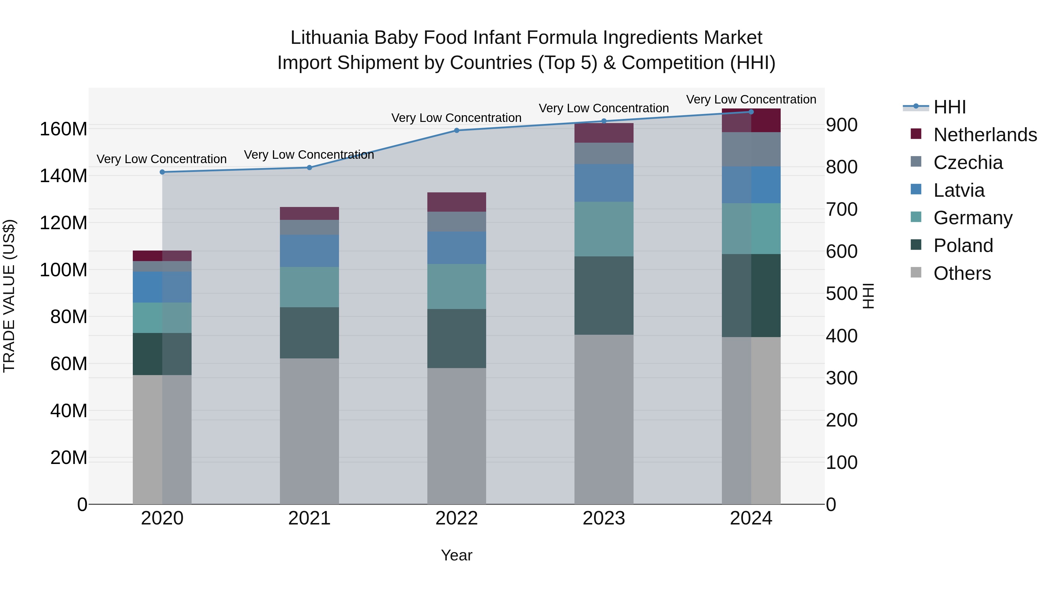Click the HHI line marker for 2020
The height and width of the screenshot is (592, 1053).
tap(162, 172)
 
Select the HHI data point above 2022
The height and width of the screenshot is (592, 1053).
tap(457, 130)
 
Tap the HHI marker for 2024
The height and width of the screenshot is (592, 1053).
tap(751, 112)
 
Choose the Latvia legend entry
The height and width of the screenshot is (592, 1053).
tap(959, 190)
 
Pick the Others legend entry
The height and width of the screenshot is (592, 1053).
tap(962, 273)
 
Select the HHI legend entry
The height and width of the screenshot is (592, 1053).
tap(949, 107)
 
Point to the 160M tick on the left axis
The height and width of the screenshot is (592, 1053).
tap(63, 129)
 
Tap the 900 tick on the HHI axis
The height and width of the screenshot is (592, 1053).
tap(842, 125)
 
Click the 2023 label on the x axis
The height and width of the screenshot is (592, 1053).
tap(604, 518)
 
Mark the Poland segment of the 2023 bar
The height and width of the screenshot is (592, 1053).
tap(604, 295)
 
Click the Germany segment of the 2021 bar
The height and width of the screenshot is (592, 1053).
tap(309, 287)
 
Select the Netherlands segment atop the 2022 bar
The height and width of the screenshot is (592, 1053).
tap(457, 202)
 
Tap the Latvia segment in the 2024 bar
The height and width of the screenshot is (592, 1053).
tap(751, 185)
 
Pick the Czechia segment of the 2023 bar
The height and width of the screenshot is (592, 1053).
tap(604, 153)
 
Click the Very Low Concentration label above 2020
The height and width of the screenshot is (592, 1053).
tap(161, 159)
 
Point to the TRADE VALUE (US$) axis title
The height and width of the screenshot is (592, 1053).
tap(9, 296)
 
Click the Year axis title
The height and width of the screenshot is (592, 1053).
tap(457, 555)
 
